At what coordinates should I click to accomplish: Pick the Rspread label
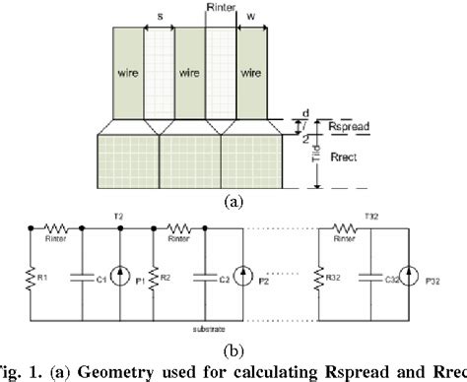pyautogui.click(x=331, y=128)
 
